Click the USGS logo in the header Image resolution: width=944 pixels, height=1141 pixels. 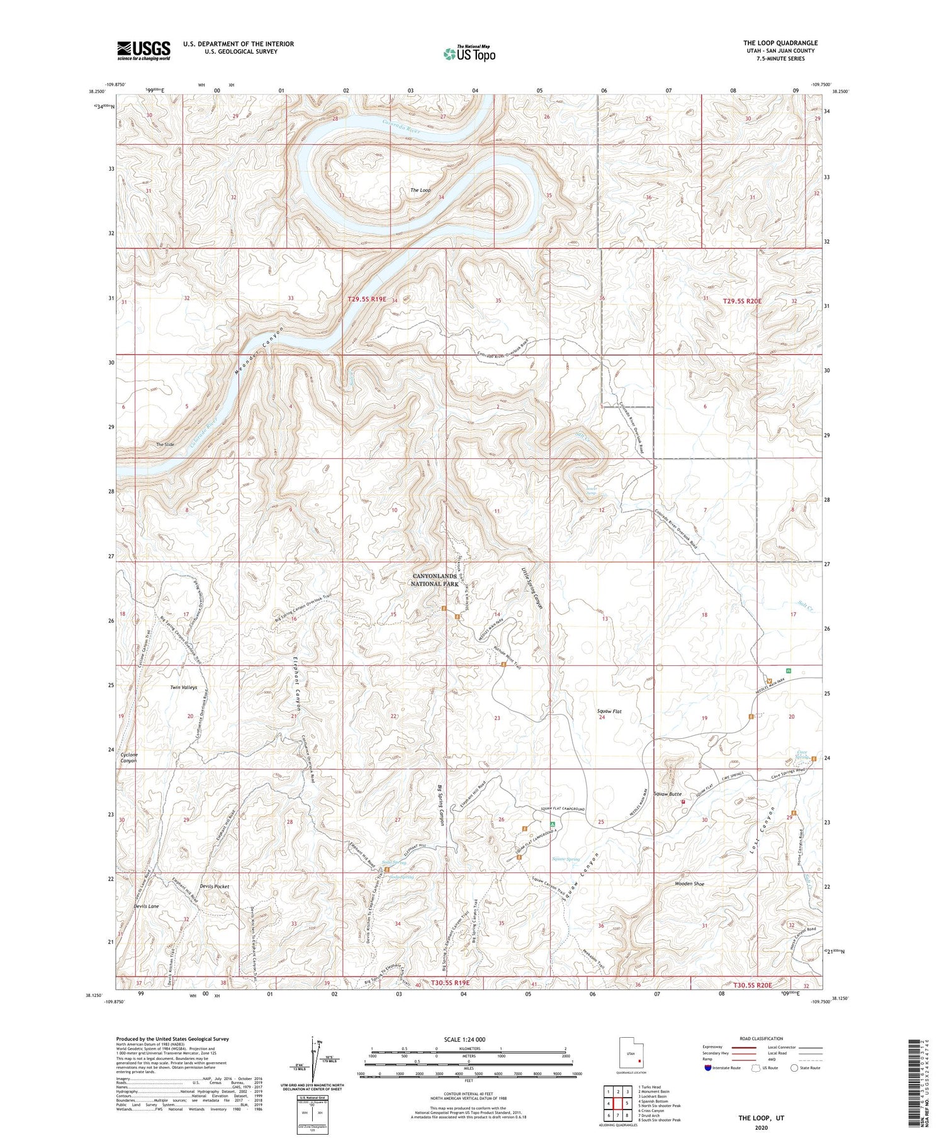point(143,50)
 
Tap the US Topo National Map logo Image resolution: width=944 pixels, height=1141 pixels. point(469,53)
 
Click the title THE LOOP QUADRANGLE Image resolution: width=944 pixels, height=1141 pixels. point(780,43)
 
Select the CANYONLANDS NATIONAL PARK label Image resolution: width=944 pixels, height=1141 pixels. point(435,580)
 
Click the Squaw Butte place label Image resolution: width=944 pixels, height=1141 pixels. point(667,794)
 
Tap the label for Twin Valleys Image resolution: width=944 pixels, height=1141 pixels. point(184,687)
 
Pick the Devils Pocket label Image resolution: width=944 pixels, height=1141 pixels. point(215,886)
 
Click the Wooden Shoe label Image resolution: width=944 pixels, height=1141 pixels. point(690,884)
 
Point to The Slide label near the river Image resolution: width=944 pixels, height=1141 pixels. point(165,444)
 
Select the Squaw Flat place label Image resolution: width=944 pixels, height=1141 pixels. point(609,711)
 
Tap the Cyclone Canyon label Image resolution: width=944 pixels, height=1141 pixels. point(128,758)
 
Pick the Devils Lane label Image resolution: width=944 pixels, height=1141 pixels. point(146,906)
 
